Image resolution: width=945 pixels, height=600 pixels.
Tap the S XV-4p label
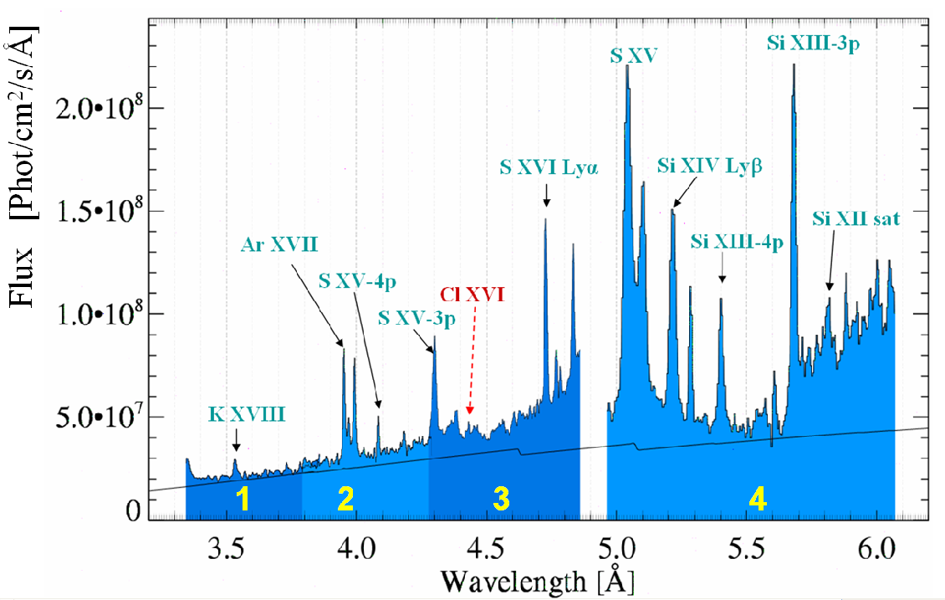point(350,279)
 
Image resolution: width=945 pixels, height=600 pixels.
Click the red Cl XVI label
point(472,295)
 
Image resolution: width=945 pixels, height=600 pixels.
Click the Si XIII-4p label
point(736,242)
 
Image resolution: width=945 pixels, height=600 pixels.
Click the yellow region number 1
point(243,500)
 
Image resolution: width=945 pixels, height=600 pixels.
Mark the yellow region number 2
point(345,500)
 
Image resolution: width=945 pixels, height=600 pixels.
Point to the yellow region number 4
point(757,500)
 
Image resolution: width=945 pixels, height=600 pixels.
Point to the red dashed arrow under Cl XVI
point(472,360)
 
